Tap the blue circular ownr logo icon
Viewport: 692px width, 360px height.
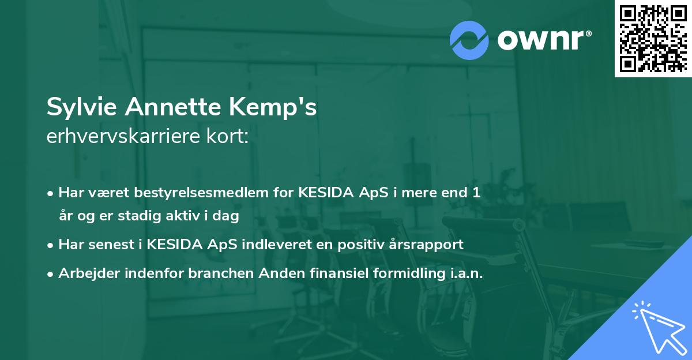pyautogui.click(x=469, y=40)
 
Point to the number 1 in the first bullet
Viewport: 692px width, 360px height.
pyautogui.click(x=476, y=193)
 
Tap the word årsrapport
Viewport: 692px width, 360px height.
pyautogui.click(x=428, y=245)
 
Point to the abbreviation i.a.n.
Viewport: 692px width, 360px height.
pyautogui.click(x=466, y=273)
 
